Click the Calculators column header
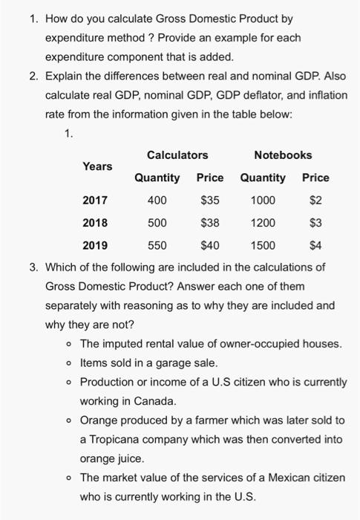[x=177, y=155]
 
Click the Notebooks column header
[x=283, y=155]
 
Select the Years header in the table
[x=97, y=166]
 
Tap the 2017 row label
[x=94, y=200]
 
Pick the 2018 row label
[x=94, y=223]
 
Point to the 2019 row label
[x=94, y=246]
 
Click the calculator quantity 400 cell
[x=157, y=200]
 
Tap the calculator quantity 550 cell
[x=157, y=246]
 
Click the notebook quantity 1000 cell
[x=263, y=200]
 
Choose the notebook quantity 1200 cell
[x=263, y=223]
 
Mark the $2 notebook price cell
[x=315, y=200]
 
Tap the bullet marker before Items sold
[x=68, y=363]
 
